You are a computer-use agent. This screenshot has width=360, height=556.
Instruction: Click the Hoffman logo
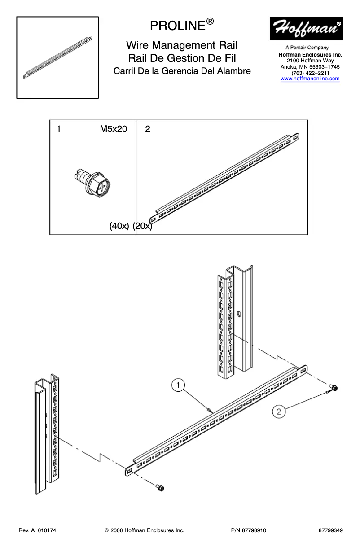point(306,28)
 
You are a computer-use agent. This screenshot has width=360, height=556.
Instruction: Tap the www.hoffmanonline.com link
point(310,79)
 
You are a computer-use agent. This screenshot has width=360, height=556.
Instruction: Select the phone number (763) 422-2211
point(310,73)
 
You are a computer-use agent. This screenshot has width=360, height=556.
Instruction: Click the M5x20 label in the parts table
point(113,129)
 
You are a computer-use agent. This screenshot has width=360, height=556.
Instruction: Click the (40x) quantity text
point(119,226)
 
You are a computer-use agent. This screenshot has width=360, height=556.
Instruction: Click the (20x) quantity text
point(143,226)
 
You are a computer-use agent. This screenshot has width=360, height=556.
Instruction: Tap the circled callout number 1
point(178,385)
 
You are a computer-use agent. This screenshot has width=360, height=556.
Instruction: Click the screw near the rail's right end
point(334,388)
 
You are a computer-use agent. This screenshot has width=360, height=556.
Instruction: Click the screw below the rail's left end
point(160,487)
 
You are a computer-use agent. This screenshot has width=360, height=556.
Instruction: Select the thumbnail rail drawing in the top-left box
point(57,57)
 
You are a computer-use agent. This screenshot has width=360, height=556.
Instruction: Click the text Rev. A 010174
point(37,530)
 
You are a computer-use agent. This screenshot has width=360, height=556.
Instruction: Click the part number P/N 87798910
point(248,530)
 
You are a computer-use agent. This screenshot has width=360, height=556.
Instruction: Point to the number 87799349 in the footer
point(331,530)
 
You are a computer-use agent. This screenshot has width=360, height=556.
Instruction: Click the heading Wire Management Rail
point(182,45)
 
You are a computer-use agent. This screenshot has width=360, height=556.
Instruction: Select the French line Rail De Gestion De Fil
point(182,58)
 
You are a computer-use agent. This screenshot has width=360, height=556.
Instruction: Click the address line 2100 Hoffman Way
point(310,61)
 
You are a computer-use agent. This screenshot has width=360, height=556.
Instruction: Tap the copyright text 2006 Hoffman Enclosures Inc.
point(144,530)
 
